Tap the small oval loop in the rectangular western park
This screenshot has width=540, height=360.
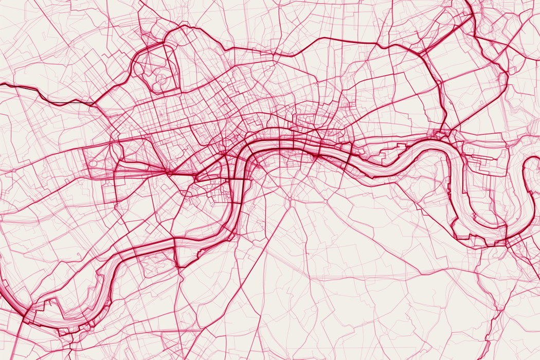tap(94, 164)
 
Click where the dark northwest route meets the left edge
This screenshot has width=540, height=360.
tap(1, 85)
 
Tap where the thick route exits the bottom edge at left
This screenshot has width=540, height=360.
tap(22, 358)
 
